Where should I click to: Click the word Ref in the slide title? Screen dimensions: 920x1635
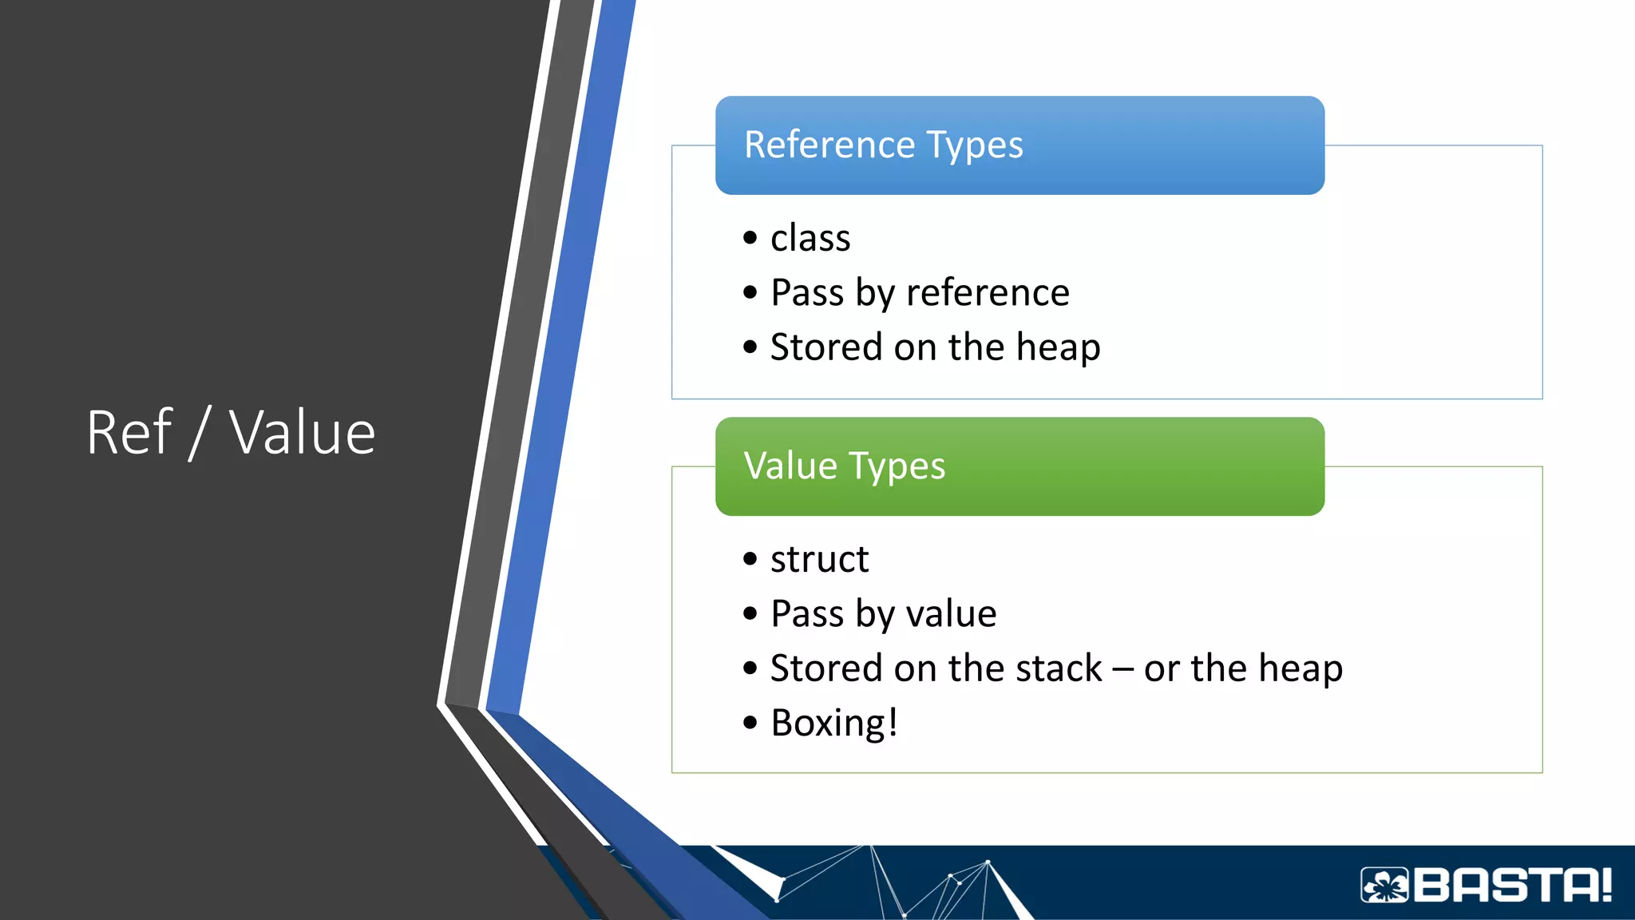pos(129,433)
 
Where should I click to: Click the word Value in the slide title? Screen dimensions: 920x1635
pos(302,433)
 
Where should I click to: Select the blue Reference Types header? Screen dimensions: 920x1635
pos(1019,145)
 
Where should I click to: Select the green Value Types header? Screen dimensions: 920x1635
pos(1019,466)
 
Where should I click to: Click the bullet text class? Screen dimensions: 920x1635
pos(810,239)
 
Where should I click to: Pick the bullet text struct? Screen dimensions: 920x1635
pos(819,560)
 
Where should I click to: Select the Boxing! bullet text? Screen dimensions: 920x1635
pos(834,724)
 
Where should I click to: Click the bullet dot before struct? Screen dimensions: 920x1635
pos(750,559)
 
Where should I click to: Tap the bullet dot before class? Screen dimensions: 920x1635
pos(750,238)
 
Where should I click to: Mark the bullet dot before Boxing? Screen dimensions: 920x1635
pos(750,724)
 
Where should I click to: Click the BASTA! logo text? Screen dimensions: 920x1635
pos(1513,885)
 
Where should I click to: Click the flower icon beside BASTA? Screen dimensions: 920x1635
pos(1385,885)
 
